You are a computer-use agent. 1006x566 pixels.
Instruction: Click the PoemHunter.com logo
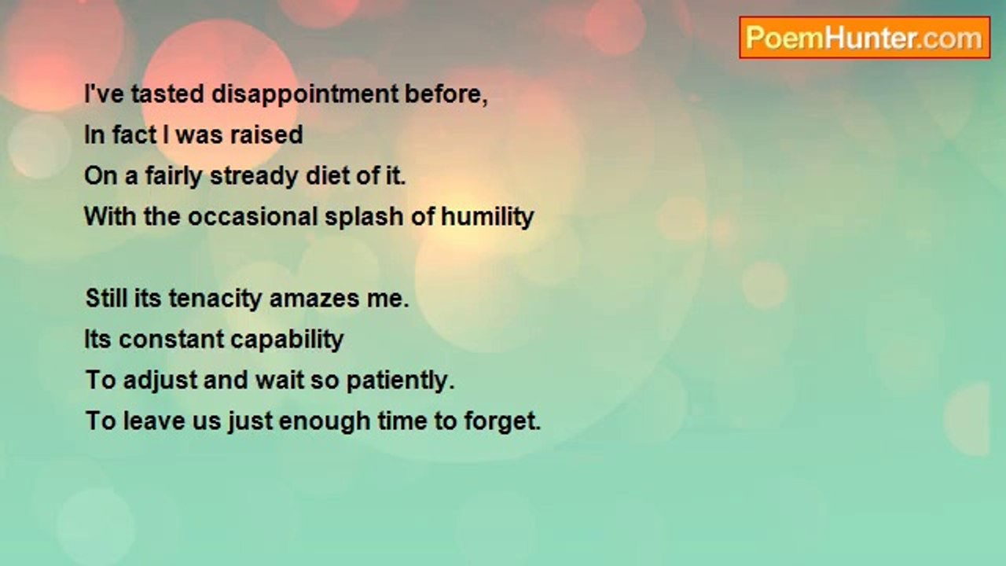click(865, 38)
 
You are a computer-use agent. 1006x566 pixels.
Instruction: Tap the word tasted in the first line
click(168, 94)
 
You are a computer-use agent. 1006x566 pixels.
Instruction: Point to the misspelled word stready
click(254, 177)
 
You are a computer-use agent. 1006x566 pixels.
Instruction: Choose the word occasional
click(253, 216)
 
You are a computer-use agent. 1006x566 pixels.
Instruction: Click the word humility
click(487, 218)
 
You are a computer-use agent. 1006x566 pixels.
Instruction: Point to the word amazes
click(314, 300)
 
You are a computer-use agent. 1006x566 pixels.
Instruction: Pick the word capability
click(287, 340)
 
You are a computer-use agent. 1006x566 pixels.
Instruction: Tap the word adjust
click(160, 381)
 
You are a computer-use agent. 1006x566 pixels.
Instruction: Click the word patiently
click(401, 381)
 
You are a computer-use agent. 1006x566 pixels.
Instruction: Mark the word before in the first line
click(446, 95)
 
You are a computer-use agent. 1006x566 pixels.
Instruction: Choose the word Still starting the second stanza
click(106, 299)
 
